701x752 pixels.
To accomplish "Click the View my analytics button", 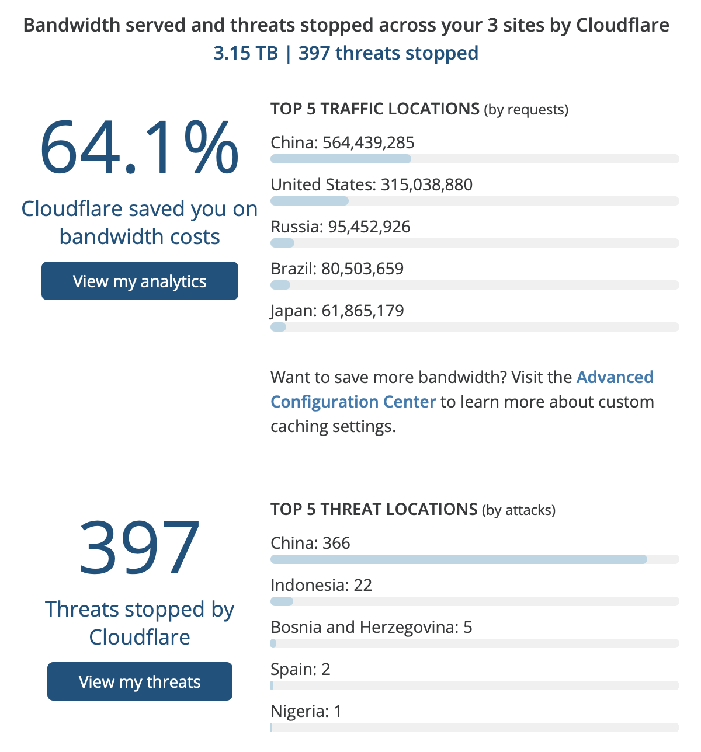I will (x=140, y=281).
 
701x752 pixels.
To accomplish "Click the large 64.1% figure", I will (x=140, y=147).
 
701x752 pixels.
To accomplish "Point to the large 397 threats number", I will (x=140, y=548).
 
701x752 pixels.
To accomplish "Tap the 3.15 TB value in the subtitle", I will (x=245, y=53).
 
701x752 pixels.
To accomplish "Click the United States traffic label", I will (x=322, y=184).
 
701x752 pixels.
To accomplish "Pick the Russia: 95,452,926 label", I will (x=341, y=227).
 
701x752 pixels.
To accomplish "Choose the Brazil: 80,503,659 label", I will (x=337, y=269).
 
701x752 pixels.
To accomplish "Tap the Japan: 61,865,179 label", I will (x=337, y=311).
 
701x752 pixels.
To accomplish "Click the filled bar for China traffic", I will (x=341, y=159).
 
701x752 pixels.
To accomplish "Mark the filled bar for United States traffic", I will (x=310, y=201).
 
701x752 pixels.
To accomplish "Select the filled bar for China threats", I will (x=459, y=559).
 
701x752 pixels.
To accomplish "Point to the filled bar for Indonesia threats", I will (x=282, y=601).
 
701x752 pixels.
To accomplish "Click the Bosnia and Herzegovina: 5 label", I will (x=371, y=627).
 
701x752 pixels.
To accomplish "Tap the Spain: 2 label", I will (x=300, y=669).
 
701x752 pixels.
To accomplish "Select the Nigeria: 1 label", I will (x=306, y=711).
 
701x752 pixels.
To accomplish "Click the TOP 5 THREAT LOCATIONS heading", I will (x=374, y=509).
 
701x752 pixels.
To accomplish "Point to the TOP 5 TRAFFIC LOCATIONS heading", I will (x=375, y=109).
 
